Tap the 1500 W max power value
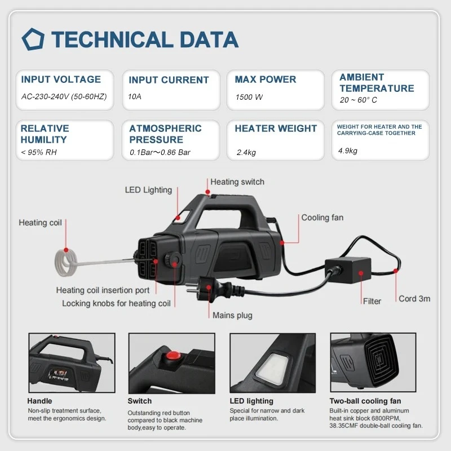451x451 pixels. click(x=249, y=97)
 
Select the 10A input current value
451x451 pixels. click(x=135, y=96)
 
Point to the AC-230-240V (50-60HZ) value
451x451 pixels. click(x=64, y=96)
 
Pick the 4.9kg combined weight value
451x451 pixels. click(x=347, y=151)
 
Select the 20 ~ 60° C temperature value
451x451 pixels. click(x=359, y=100)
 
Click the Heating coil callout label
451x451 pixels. click(x=40, y=223)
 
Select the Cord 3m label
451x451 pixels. click(x=414, y=298)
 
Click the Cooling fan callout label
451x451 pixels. click(x=322, y=218)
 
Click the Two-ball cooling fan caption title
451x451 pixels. click(x=365, y=401)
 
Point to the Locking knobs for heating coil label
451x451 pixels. click(x=116, y=303)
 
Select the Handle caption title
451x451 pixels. click(x=39, y=401)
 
